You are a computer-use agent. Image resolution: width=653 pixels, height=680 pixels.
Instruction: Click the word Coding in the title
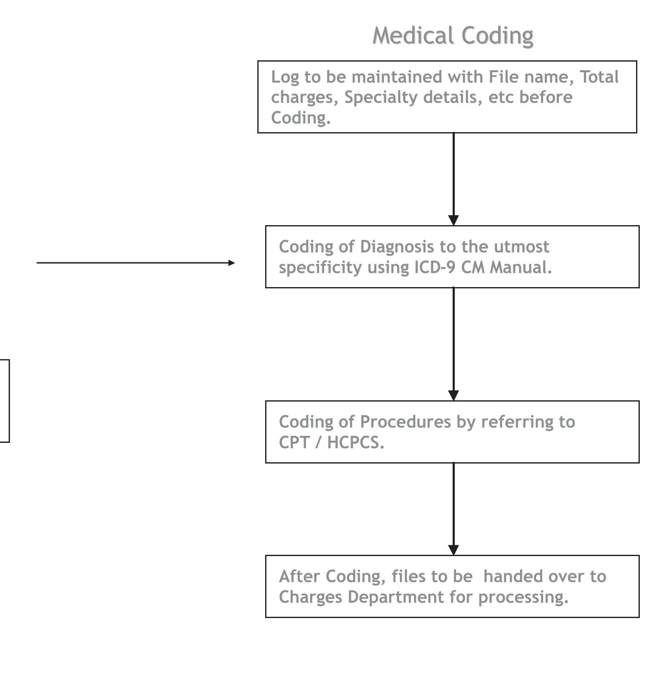point(497,36)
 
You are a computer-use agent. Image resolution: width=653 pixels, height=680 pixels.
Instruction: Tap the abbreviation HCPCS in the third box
point(355,442)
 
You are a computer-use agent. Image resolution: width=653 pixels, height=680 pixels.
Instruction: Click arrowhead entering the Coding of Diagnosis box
point(454,220)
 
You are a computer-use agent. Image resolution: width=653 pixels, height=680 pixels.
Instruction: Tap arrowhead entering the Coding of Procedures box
point(454,395)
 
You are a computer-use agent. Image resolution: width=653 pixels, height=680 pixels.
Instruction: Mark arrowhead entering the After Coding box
point(454,550)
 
